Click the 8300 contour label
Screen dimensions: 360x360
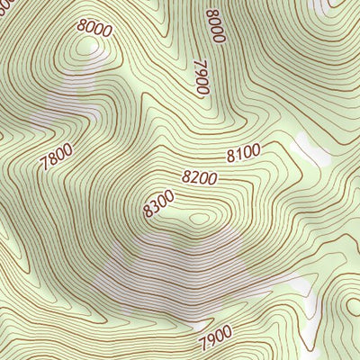pos(158,204)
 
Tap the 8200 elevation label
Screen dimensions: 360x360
pos(200,177)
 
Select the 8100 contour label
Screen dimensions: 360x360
pos(243,155)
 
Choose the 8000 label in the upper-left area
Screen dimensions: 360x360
pos(94,28)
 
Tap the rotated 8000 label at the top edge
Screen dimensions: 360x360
pos(214,25)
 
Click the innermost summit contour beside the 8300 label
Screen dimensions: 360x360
pos(199,217)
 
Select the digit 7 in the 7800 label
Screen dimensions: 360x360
pos(45,167)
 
